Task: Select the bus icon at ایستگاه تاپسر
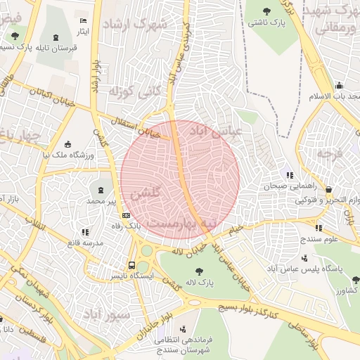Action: pos(131,265)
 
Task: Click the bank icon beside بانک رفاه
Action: pos(126,215)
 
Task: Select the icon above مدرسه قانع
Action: pos(85,232)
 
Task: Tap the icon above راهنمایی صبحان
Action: pos(289,176)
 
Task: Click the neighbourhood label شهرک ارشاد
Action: pos(135,25)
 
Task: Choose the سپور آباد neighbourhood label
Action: pos(105,314)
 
